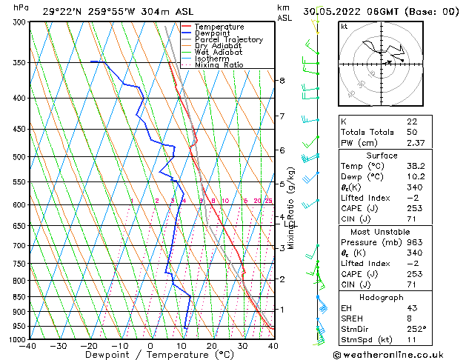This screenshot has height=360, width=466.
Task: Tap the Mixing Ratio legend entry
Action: [x=219, y=65]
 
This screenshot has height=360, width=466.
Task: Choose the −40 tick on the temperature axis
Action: [x=28, y=346]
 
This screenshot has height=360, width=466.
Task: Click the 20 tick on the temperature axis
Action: [x=212, y=346]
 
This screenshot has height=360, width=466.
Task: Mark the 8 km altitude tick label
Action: [x=282, y=80]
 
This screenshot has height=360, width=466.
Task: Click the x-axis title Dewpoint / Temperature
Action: [x=150, y=355]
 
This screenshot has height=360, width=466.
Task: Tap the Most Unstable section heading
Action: [x=381, y=231]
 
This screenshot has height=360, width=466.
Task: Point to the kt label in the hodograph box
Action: [x=344, y=26]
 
